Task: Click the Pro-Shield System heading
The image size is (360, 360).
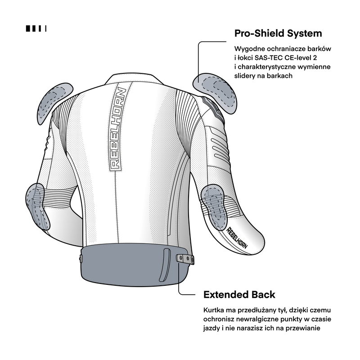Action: [x=278, y=33]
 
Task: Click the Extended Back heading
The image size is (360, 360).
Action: [x=239, y=295]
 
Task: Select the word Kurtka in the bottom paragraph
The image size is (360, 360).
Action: [x=214, y=310]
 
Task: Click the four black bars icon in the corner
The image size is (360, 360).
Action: [x=36, y=29]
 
